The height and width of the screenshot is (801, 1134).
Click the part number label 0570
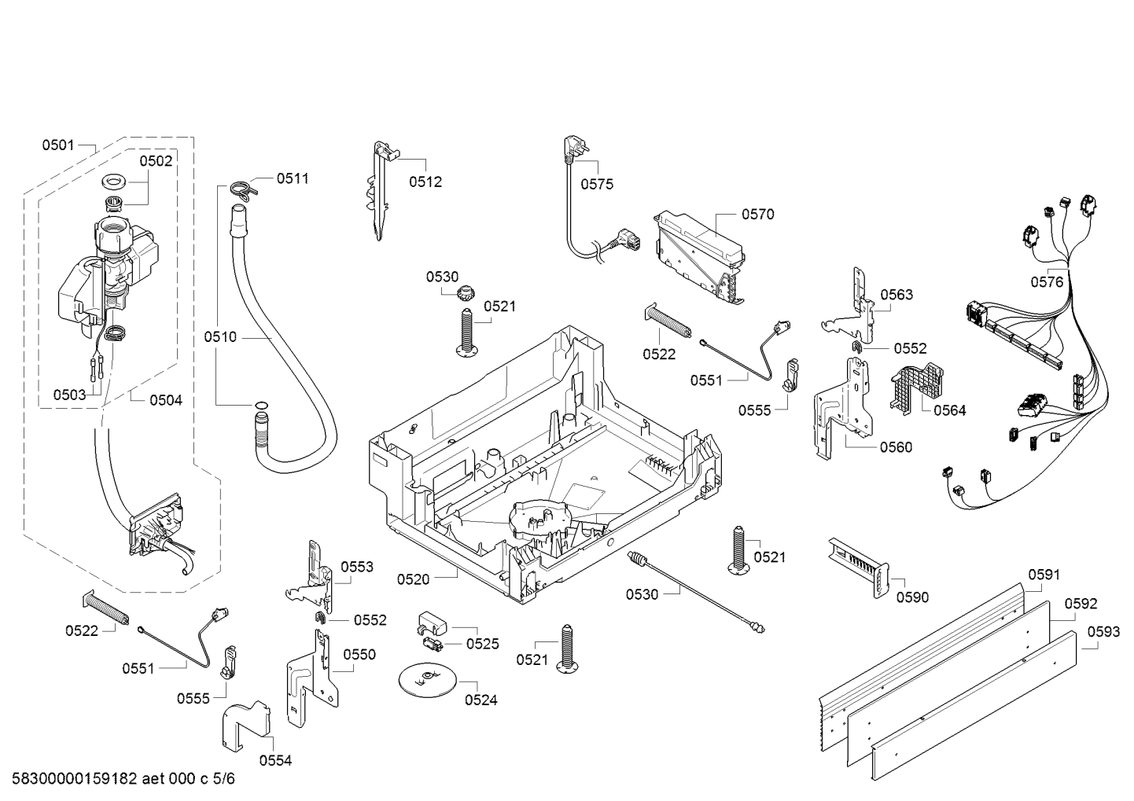click(x=758, y=215)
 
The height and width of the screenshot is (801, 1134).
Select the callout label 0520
click(x=413, y=579)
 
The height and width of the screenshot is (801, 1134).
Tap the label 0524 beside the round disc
click(x=481, y=700)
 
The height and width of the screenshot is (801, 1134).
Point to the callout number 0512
click(x=425, y=182)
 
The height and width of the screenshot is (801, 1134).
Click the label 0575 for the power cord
click(x=597, y=184)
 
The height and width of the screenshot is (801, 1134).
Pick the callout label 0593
click(x=1103, y=632)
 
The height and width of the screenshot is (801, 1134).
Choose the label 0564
click(x=950, y=410)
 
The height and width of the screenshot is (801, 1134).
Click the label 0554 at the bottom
click(x=275, y=761)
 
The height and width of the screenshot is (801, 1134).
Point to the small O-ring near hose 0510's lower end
click(x=260, y=405)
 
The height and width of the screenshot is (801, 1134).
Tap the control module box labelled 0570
click(x=701, y=258)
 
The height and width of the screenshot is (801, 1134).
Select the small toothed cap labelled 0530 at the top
click(x=464, y=293)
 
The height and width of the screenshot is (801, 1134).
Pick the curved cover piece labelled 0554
click(x=246, y=725)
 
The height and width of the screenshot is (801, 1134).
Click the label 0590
click(x=912, y=597)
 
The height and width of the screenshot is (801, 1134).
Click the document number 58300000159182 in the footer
click(x=75, y=779)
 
